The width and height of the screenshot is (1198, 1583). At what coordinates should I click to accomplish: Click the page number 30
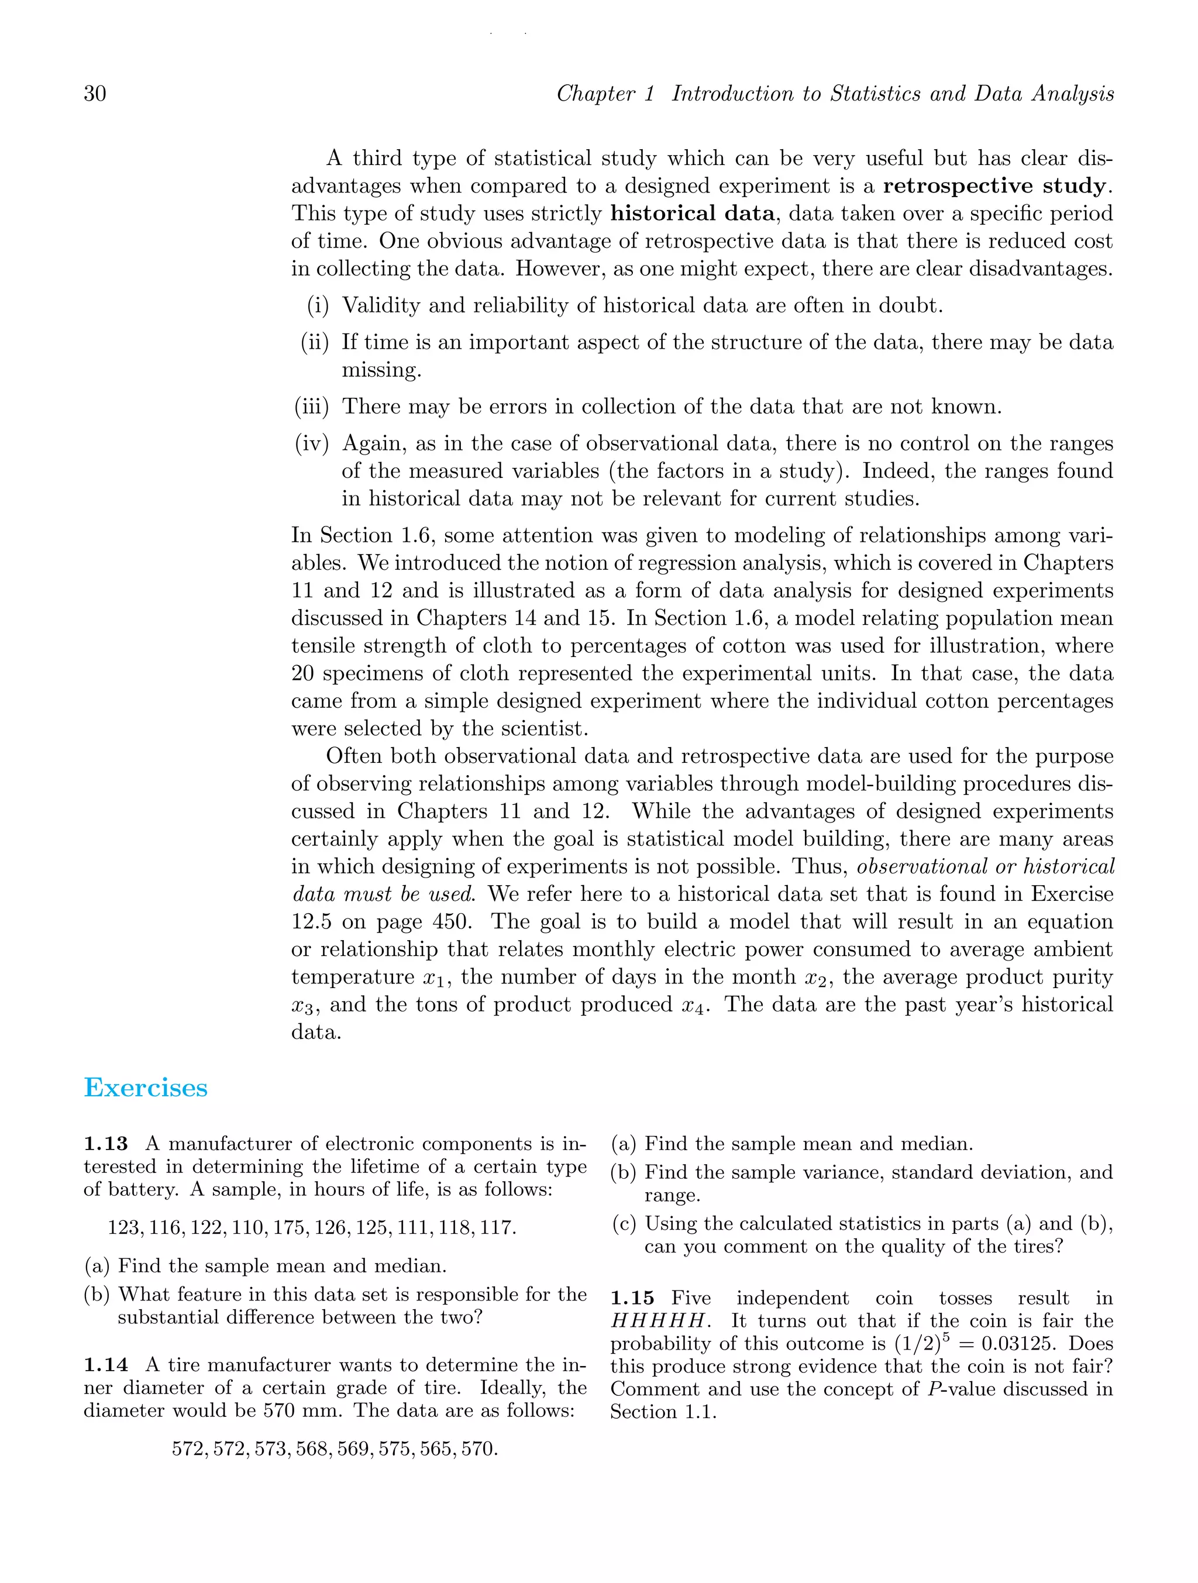[95, 94]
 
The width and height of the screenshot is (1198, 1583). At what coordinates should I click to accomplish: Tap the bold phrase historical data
[692, 214]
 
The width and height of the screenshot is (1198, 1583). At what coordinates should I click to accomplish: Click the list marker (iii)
[312, 407]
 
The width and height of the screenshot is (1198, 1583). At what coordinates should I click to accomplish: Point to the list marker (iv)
[312, 443]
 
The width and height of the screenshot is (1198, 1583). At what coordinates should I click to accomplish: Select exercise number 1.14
[106, 1365]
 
